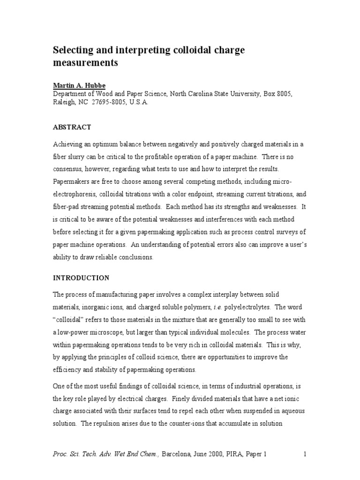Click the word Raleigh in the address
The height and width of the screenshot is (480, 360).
[63, 103]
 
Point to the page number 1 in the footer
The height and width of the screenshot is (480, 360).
[305, 454]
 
